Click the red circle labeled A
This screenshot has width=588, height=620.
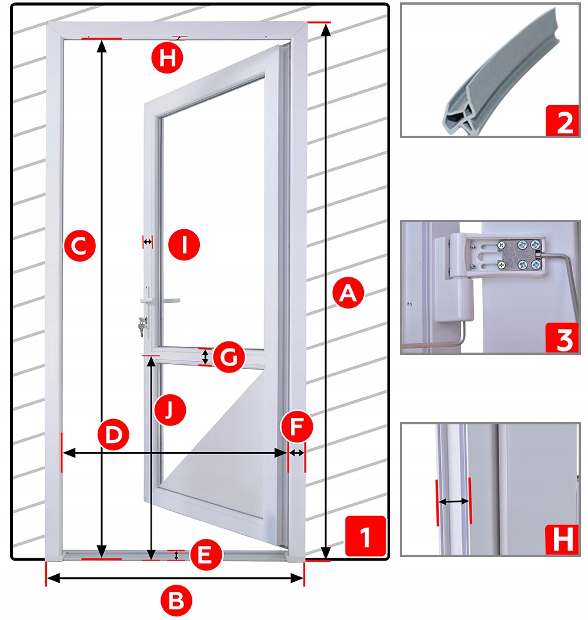tap(348, 293)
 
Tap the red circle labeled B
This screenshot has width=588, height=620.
tap(176, 600)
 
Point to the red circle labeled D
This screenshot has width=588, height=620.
tap(113, 434)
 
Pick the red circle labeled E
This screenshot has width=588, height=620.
tap(206, 554)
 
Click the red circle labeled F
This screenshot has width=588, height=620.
tap(296, 427)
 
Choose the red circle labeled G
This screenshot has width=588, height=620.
tap(229, 357)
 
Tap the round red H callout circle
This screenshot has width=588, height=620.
tap(168, 58)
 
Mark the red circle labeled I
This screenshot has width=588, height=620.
tap(184, 244)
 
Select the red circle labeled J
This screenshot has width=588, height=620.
tap(170, 410)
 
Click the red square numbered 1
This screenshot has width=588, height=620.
tap(365, 536)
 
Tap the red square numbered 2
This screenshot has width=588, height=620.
tap(562, 121)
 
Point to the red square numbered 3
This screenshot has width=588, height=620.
tap(562, 338)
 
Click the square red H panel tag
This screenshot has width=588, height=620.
tap(562, 539)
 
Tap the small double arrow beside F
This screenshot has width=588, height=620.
tap(297, 453)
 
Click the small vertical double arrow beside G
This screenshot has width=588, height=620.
tap(205, 357)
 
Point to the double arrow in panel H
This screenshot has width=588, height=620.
tap(454, 501)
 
